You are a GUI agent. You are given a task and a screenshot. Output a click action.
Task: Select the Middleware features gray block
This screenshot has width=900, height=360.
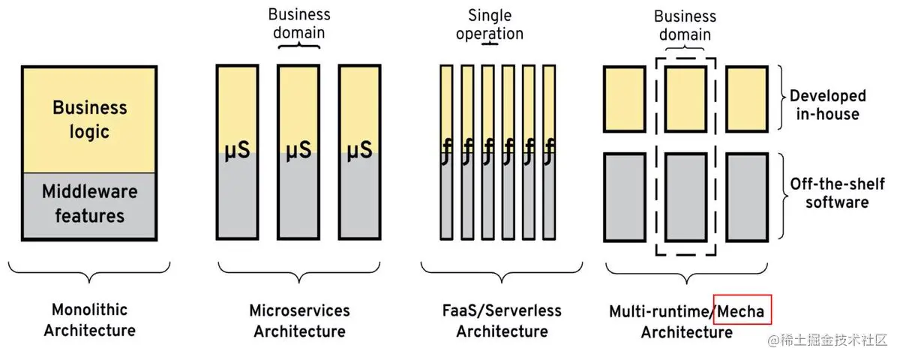pyautogui.click(x=89, y=204)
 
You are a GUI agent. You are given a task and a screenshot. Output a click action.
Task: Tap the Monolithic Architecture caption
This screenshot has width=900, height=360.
pyautogui.click(x=89, y=319)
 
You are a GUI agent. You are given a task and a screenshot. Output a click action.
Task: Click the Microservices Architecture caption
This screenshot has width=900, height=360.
pyautogui.click(x=299, y=319)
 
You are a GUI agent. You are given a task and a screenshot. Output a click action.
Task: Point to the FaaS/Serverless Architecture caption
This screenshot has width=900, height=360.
pyautogui.click(x=502, y=319)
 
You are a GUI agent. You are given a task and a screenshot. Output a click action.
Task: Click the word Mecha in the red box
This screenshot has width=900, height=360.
pyautogui.click(x=742, y=310)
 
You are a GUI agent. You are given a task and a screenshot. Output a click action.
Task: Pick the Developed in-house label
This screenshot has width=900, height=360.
pyautogui.click(x=827, y=105)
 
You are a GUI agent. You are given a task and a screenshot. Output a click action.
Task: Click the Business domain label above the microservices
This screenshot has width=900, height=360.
pyautogui.click(x=298, y=23)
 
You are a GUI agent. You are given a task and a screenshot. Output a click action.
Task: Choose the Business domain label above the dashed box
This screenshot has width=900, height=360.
pyautogui.click(x=685, y=25)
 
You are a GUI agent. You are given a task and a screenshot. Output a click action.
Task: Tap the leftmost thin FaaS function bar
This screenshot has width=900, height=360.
pyautogui.click(x=446, y=150)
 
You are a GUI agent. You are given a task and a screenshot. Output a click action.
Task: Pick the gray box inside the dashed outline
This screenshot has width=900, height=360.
pyautogui.click(x=685, y=196)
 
